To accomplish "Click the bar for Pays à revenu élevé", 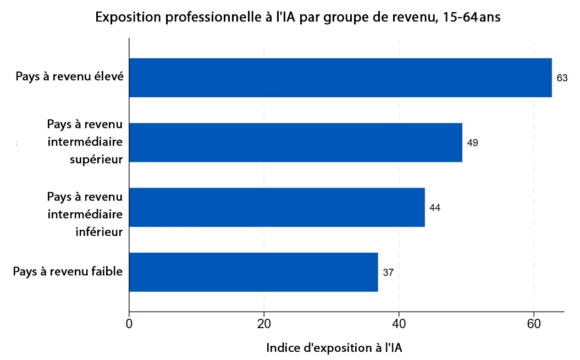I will coord(340,77).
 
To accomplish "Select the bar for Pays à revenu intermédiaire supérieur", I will coord(296,142).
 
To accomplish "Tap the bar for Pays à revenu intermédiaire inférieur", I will coord(277,207).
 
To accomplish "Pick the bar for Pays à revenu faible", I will coord(253,272).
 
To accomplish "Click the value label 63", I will coord(562,78).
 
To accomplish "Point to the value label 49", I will coord(472,143).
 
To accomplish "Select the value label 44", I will coord(435,208).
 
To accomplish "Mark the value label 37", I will coord(388,273).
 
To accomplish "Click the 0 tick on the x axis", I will coord(129,323).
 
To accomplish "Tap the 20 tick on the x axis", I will coord(264,323).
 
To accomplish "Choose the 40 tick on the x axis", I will coord(399,323).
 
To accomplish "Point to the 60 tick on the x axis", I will coord(534,323).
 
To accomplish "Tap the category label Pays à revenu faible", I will coord(68,271).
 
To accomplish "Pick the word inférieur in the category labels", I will coord(99,231).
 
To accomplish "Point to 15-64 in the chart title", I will coord(459,18).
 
